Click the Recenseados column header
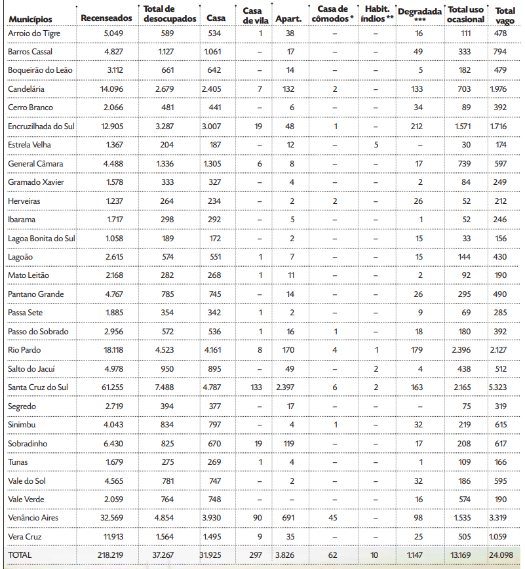[106, 18]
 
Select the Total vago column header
[505, 15]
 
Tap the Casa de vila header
[252, 15]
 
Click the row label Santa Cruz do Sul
[38, 387]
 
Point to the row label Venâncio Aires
[33, 518]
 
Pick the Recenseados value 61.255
[111, 387]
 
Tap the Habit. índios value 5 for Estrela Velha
[376, 144]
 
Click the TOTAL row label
[20, 555]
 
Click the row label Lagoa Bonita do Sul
[41, 238]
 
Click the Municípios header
[30, 19]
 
